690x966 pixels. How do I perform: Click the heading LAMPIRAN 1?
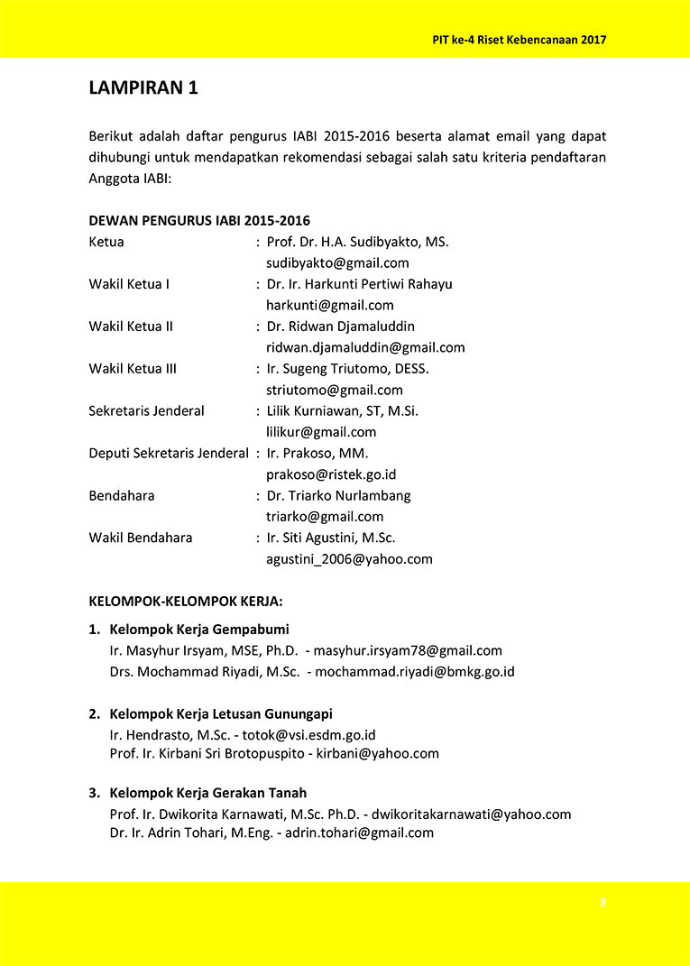(143, 87)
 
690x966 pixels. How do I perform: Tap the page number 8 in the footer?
(603, 903)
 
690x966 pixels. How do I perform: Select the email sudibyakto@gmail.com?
(337, 263)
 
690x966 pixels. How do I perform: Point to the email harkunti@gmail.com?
(329, 305)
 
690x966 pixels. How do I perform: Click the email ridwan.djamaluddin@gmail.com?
(365, 347)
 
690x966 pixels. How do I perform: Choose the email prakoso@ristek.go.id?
(331, 474)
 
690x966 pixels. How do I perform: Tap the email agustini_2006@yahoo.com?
(349, 558)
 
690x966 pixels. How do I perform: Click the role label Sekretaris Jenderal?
(146, 410)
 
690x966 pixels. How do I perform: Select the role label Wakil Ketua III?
(133, 368)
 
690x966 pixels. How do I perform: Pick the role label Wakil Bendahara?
(141, 538)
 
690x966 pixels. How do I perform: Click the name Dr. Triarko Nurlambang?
(338, 495)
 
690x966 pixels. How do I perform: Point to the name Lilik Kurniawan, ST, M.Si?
(342, 410)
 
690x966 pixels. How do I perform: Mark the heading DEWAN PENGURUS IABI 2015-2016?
(199, 220)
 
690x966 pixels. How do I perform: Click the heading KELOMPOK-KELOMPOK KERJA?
(186, 600)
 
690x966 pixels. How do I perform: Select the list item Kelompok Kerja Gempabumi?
(198, 629)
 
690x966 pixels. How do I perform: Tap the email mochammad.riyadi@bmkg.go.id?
(414, 671)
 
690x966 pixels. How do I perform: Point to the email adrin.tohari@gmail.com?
(359, 833)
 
